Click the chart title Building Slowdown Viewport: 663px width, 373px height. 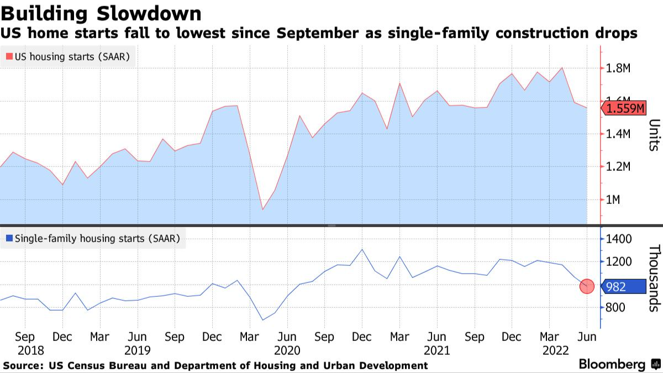pos(101,13)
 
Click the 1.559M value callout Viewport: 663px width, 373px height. pos(624,108)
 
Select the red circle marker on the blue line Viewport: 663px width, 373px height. pos(587,286)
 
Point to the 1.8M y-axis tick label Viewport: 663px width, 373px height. pos(619,69)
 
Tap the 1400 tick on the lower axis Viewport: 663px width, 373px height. pos(618,239)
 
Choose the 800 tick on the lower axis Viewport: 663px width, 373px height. pos(615,307)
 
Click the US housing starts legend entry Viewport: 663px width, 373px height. pos(71,56)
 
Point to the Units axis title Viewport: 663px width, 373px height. pos(653,135)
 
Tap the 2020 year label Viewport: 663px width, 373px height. pos(287,350)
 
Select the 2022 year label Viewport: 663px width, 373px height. pos(556,350)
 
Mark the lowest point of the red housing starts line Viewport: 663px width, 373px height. pos(262,209)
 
